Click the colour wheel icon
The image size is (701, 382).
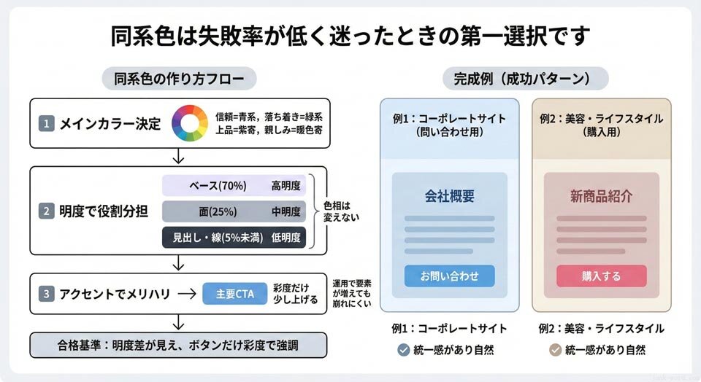190,123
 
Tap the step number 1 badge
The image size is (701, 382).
47,124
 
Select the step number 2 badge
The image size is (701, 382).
47,211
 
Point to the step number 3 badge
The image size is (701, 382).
47,295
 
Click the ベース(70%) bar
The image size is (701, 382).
234,185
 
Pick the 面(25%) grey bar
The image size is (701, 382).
234,211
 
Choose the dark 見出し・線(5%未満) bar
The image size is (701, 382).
234,238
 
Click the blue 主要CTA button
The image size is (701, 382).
234,294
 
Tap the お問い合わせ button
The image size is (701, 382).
449,276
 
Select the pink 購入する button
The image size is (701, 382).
601,276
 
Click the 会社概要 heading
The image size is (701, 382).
449,196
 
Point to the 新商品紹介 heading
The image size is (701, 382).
601,196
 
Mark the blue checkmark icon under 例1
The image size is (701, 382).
403,350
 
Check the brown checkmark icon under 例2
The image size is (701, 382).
555,350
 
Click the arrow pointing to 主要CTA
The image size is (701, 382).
187,295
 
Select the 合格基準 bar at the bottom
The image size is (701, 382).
178,345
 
